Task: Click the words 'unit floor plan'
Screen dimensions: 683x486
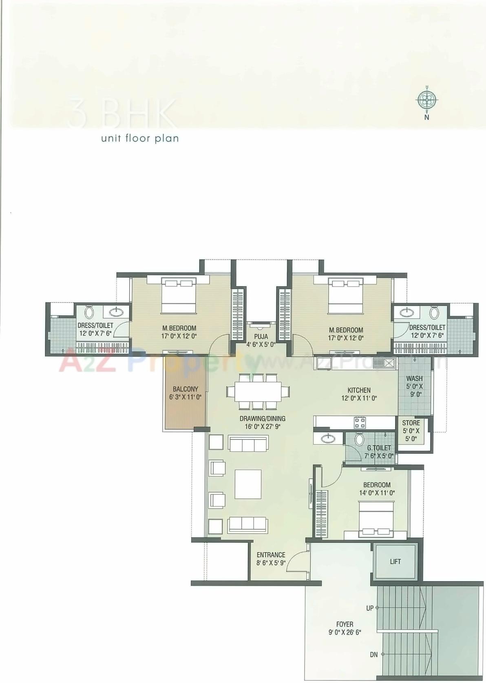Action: (140, 139)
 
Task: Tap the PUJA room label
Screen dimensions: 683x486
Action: (261, 337)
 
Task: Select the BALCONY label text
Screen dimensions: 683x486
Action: (185, 389)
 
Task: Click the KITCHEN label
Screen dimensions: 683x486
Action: (359, 390)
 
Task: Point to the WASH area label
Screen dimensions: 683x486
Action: (414, 379)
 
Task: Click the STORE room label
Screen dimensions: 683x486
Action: (411, 423)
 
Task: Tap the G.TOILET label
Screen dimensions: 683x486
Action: (379, 448)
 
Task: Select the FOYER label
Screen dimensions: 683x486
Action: (345, 624)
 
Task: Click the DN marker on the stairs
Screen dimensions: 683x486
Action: (373, 655)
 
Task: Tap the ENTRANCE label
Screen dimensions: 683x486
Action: (271, 555)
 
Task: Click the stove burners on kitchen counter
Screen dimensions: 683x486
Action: (360, 422)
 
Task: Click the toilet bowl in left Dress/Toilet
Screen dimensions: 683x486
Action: (90, 313)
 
